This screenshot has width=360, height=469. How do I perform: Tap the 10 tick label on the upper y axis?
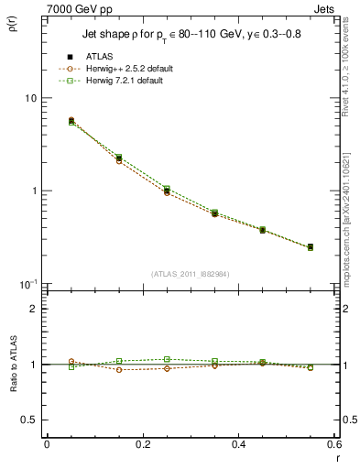[29, 99]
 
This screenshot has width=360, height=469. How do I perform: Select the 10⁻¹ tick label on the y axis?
[27, 284]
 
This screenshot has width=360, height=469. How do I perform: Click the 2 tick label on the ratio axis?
[33, 309]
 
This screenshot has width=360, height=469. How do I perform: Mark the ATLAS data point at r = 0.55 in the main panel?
[310, 247]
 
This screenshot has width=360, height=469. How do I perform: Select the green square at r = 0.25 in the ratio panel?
[166, 359]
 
